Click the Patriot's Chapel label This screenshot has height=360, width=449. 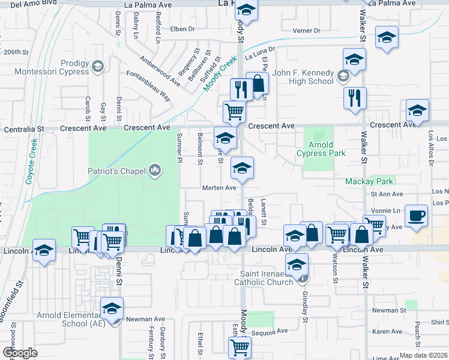tap(118, 172)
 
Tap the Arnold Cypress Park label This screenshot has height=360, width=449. tap(321, 149)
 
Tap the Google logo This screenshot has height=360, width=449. tap(20, 353)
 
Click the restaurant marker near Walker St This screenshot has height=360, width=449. tap(354, 97)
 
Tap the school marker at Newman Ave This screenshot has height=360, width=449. tap(112, 308)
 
